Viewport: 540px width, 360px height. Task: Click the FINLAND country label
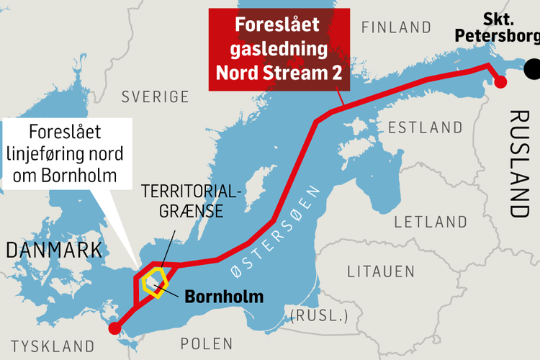tap(396, 28)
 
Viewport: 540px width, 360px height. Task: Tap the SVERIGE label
tap(155, 96)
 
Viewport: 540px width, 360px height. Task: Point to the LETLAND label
tap(430, 220)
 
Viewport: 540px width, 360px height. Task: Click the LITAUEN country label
tap(381, 271)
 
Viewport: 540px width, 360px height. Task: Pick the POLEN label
tap(207, 343)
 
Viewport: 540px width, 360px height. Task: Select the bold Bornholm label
tap(224, 296)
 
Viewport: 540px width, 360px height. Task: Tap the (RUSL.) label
tap(318, 315)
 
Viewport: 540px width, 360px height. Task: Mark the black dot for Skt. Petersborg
tap(534, 70)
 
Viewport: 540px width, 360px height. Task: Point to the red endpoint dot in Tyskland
tap(114, 329)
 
